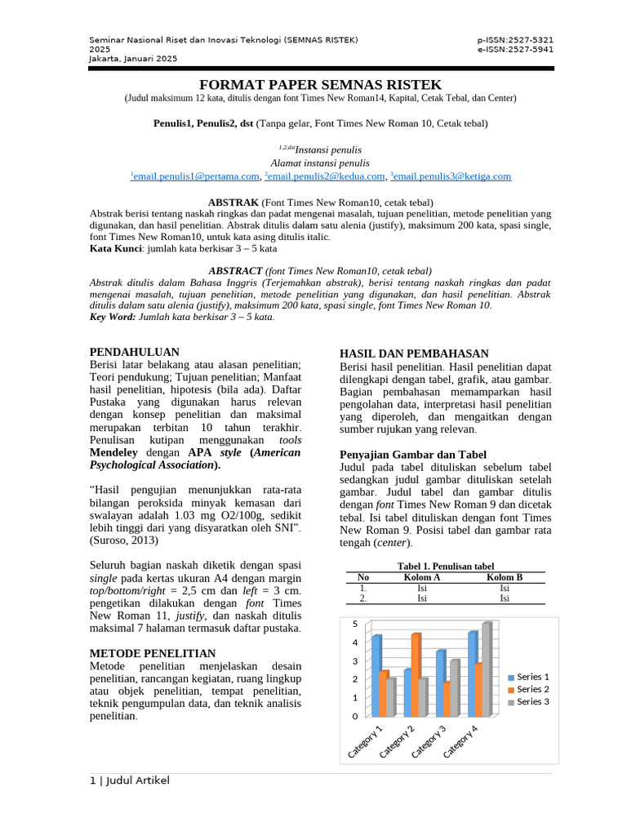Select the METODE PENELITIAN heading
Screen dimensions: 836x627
point(152,653)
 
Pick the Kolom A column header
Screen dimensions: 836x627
point(422,577)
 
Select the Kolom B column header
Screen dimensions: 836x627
point(505,577)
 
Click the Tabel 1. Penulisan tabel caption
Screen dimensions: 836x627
point(445,566)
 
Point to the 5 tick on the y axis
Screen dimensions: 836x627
point(354,625)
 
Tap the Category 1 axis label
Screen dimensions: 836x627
point(367,740)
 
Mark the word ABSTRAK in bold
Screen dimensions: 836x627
point(233,202)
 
